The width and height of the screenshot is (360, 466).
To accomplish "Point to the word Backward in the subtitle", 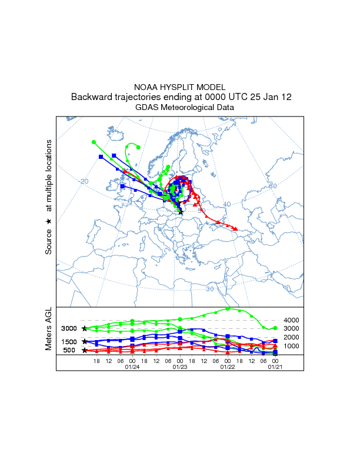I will [x=92, y=97].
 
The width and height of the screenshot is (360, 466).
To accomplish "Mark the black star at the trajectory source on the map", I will [x=181, y=212].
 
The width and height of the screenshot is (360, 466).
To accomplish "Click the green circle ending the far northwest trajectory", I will [x=94, y=142].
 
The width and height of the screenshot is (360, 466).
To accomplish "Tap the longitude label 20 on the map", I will [x=84, y=181].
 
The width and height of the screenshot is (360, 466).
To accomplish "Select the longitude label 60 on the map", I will [x=272, y=186].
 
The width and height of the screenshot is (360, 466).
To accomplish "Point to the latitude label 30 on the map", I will [x=210, y=288].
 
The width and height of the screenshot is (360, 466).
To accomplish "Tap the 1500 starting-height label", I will [x=69, y=342].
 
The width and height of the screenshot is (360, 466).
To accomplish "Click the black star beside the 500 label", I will [x=85, y=350].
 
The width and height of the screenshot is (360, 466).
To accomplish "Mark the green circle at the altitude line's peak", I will [x=228, y=308].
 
